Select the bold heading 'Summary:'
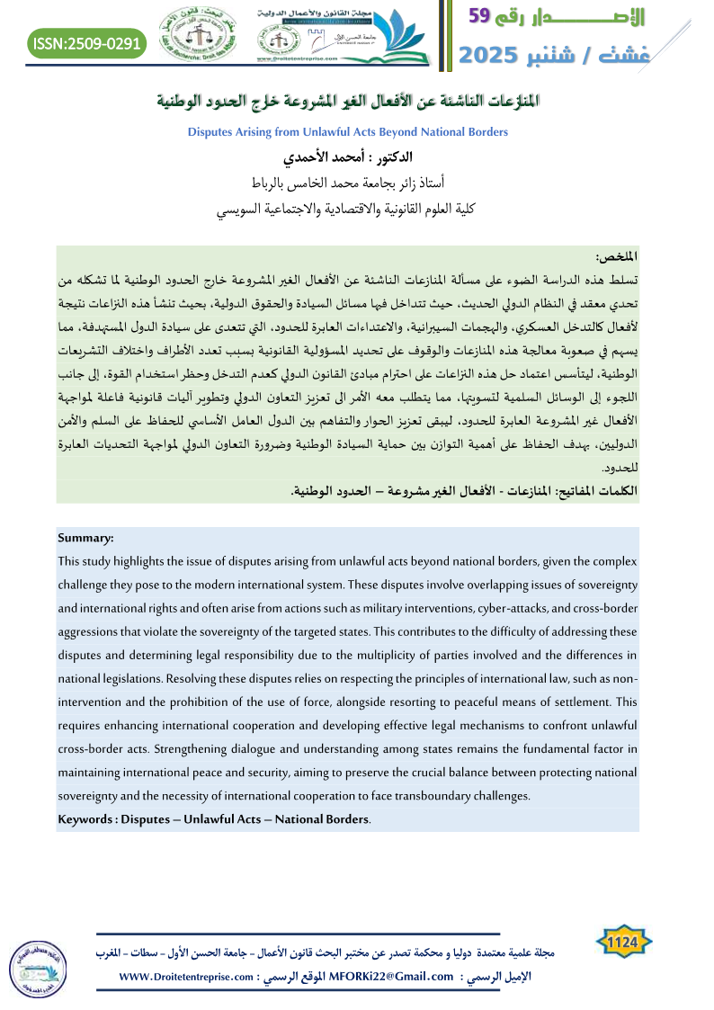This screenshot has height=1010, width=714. [x=85, y=538]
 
